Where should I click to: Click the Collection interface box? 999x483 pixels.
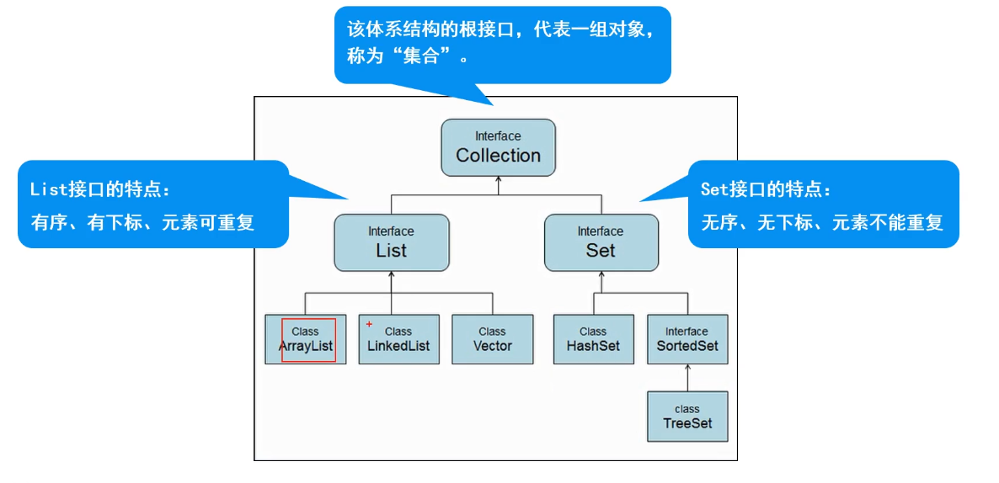coord(498,147)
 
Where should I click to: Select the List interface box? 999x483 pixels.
coord(391,242)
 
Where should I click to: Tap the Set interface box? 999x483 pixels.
coord(601,242)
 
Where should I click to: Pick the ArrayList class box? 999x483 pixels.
coord(305,339)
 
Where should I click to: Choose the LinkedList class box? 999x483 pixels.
coord(398,339)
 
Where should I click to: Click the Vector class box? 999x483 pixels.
coord(492,339)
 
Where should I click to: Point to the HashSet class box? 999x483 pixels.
coord(593,339)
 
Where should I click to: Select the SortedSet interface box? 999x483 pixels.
coord(686,339)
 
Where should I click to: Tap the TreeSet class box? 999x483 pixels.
coord(686,417)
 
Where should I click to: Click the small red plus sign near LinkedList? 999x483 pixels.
coord(369,324)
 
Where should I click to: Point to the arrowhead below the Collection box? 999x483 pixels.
coord(498,180)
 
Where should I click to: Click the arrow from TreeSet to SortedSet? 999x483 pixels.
coord(686,378)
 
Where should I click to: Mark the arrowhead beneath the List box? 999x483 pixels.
coord(392,275)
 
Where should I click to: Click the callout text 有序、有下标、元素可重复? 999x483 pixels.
coord(142,223)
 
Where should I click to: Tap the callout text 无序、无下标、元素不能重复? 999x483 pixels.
coord(822,223)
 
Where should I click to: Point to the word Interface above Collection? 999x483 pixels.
coord(498,136)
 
